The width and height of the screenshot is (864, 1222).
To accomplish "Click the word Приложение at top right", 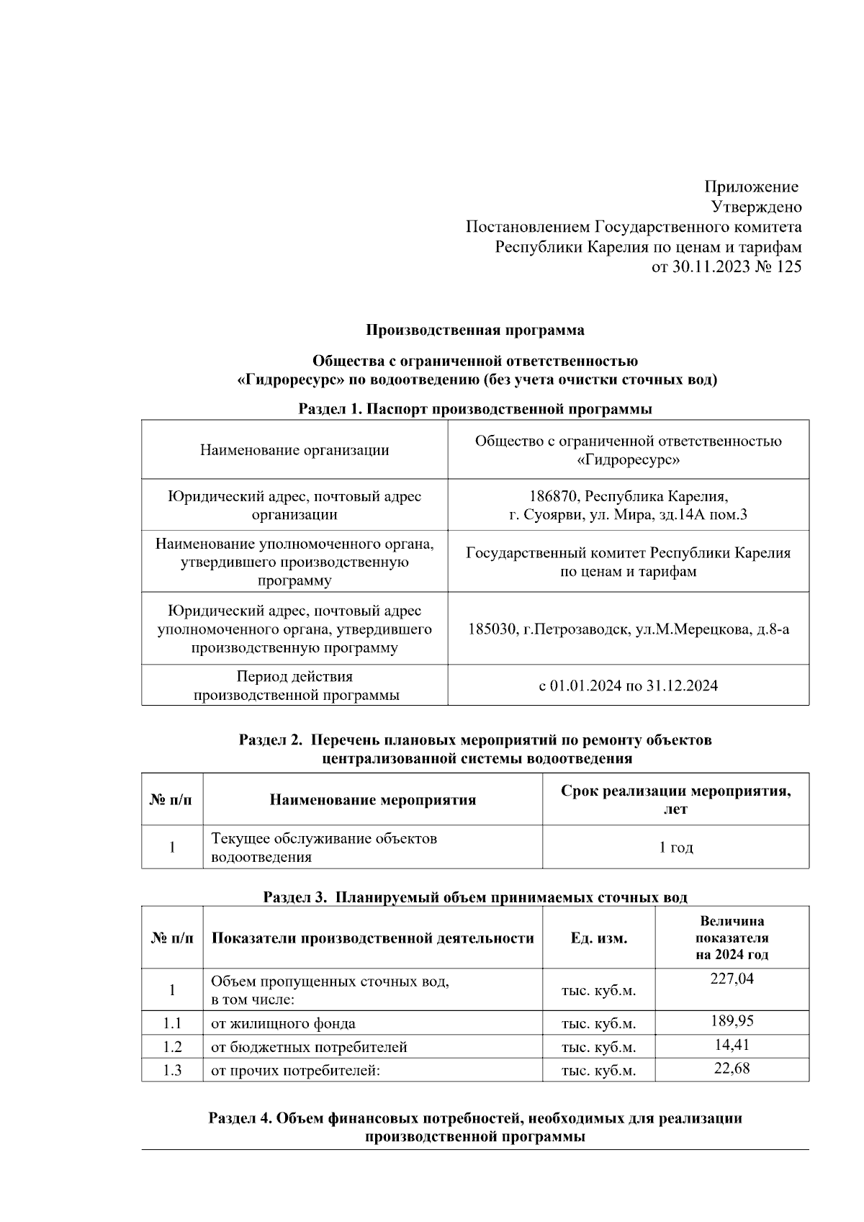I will pyautogui.click(x=751, y=187).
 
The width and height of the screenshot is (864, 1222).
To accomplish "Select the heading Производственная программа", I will pyautogui.click(x=475, y=331).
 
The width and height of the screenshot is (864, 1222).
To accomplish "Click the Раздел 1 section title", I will pyautogui.click(x=475, y=409).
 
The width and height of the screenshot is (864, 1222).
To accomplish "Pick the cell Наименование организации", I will pyautogui.click(x=294, y=450).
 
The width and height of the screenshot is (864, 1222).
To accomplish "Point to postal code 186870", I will pyautogui.click(x=554, y=496).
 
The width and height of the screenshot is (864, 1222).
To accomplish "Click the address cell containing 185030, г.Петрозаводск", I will pyautogui.click(x=628, y=629).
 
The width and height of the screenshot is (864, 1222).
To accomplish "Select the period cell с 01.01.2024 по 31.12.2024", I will pyautogui.click(x=628, y=686).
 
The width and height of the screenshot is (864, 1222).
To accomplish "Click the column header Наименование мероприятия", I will pyautogui.click(x=372, y=800).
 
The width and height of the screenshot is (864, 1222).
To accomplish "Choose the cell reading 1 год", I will pyautogui.click(x=675, y=848).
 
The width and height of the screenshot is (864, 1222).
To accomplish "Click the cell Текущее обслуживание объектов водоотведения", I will pyautogui.click(x=324, y=848).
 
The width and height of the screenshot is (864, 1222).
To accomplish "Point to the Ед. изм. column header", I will pyautogui.click(x=598, y=938).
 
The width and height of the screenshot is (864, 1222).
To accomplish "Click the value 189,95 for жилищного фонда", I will pyautogui.click(x=732, y=1021).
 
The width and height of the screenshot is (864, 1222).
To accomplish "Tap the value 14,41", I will pyautogui.click(x=732, y=1045).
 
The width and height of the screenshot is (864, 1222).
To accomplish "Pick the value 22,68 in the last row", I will pyautogui.click(x=732, y=1069).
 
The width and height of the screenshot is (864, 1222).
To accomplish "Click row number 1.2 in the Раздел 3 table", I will pyautogui.click(x=172, y=1047).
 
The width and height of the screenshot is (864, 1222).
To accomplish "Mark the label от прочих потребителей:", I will pyautogui.click(x=295, y=1071).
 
